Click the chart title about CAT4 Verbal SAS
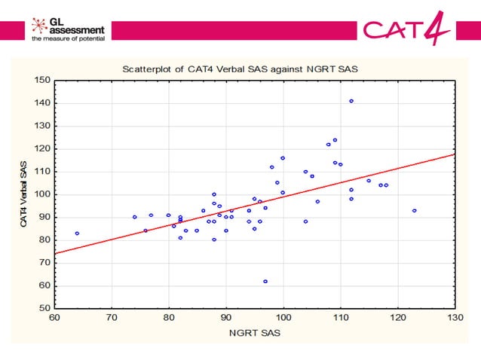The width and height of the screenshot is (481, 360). tap(240, 69)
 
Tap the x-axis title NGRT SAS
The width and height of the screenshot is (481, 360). tap(254, 332)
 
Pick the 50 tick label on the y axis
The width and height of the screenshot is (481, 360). tap(44, 308)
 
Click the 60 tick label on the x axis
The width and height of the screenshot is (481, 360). tap(54, 318)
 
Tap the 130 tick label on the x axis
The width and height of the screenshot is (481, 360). tap(455, 318)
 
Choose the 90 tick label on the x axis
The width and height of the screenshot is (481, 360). tap(226, 318)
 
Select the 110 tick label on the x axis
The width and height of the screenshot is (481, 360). tap(340, 318)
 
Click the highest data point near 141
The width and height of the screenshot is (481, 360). tap(351, 101)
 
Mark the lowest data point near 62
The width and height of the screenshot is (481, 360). tap(265, 281)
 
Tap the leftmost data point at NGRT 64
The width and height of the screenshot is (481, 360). tap(77, 233)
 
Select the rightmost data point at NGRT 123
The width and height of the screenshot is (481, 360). tap(415, 210)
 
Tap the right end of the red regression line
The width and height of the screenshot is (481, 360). tap(454, 154)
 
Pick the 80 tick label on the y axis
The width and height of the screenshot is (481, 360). tap(44, 239)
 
